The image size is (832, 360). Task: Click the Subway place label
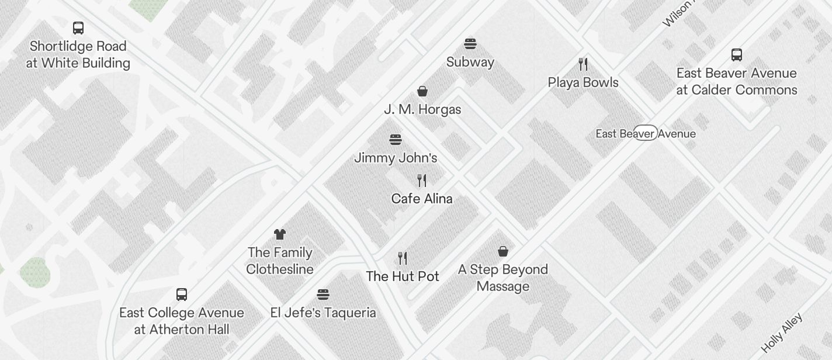(x=470, y=62)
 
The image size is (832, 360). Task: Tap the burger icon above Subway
(x=470, y=43)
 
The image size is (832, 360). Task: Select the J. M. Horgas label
(x=422, y=109)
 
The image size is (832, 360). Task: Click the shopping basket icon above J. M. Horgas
(x=422, y=91)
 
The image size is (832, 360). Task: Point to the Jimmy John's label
(x=396, y=158)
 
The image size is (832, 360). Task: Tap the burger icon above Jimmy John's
(x=396, y=140)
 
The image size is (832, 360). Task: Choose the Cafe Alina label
(x=422, y=199)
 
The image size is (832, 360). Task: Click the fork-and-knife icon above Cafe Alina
(x=422, y=180)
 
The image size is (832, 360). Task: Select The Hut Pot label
(x=403, y=276)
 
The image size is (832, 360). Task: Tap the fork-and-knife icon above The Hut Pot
(x=403, y=258)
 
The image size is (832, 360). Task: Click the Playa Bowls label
(x=583, y=82)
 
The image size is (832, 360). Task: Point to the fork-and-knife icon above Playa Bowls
(x=583, y=64)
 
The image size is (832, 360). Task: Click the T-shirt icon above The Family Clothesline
(x=280, y=234)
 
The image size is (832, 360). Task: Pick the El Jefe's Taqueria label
(x=323, y=313)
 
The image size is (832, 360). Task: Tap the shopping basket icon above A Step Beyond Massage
(x=503, y=251)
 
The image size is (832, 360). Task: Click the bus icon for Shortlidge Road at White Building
(x=78, y=27)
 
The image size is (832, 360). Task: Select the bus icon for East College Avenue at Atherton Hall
(x=182, y=294)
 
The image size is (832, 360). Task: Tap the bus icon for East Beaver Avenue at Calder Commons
(x=737, y=55)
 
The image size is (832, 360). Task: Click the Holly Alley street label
(x=783, y=332)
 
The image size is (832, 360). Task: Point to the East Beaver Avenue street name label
(x=646, y=134)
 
